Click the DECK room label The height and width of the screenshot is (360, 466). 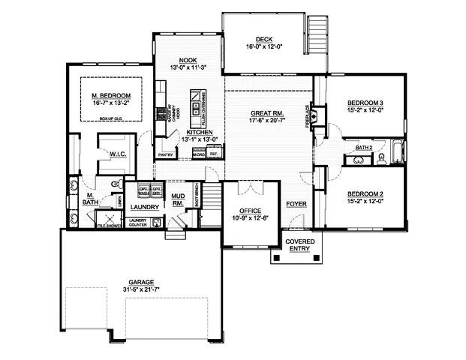click(x=263, y=40)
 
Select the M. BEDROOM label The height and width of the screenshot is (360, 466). click(x=111, y=96)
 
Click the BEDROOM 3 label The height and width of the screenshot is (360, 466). click(x=365, y=103)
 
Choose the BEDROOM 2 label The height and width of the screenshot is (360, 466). click(x=365, y=193)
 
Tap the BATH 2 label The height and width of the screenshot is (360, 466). click(x=364, y=148)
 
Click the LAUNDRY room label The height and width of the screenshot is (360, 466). click(x=143, y=206)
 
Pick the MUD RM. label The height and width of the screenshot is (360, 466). click(x=178, y=199)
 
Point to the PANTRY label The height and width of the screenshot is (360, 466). click(x=166, y=155)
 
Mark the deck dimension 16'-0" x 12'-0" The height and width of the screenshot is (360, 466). click(x=263, y=48)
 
